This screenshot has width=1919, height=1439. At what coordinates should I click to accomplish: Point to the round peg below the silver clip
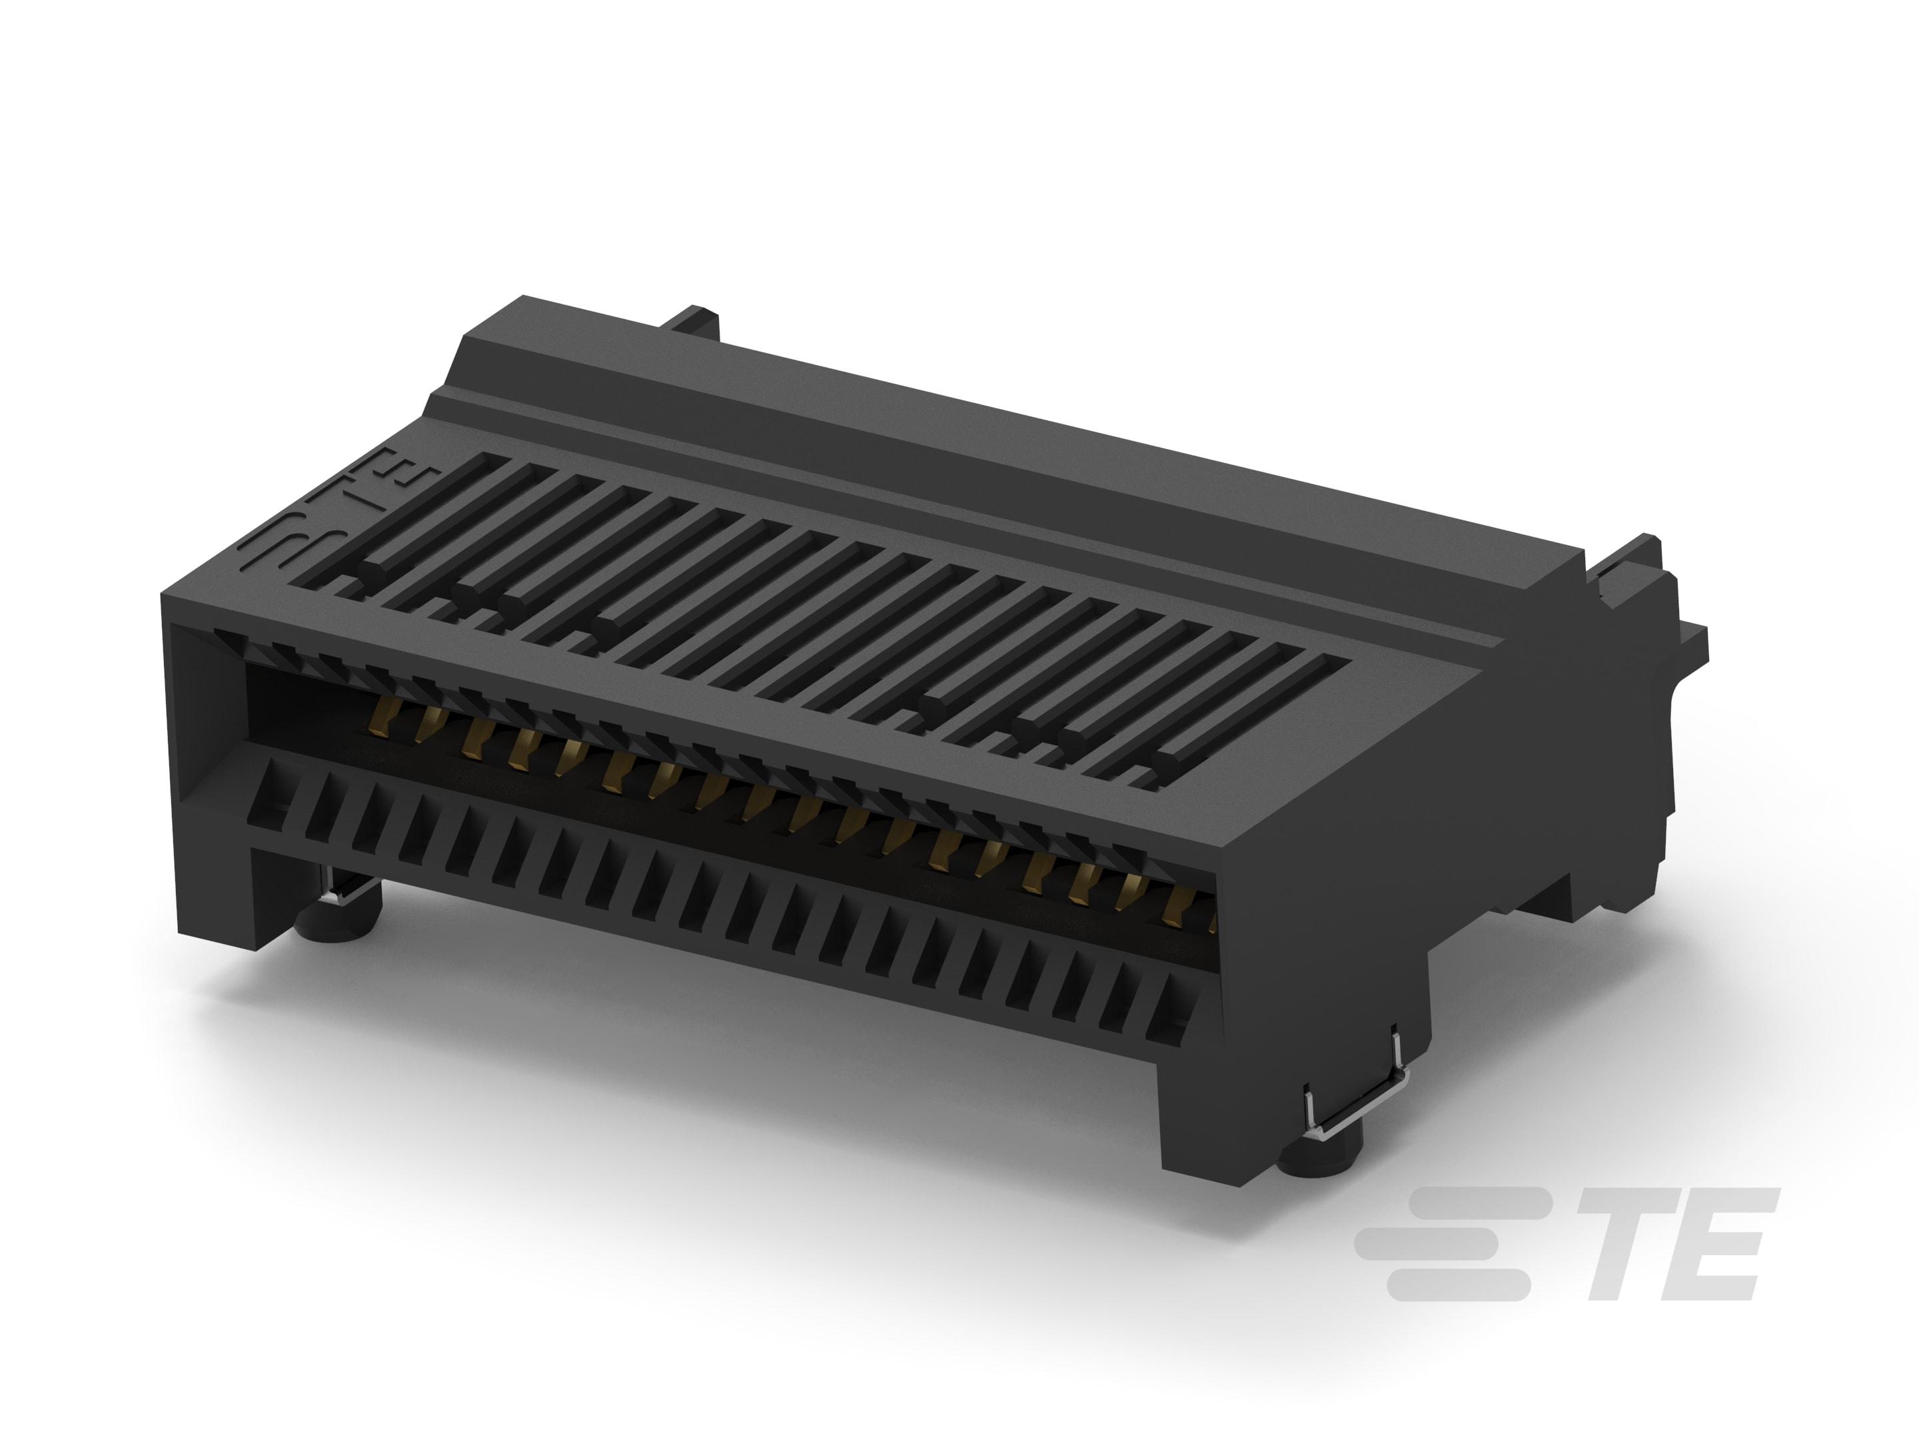tap(1319, 1158)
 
